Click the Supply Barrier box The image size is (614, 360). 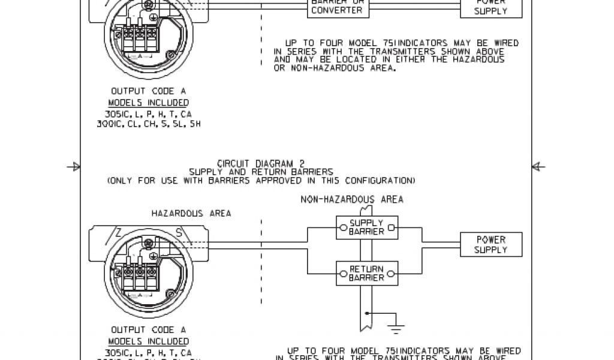click(366, 227)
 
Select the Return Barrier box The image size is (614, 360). click(366, 274)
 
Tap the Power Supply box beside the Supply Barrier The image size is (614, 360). click(490, 245)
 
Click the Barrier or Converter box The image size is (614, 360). click(337, 6)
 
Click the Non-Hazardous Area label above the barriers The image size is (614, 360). click(352, 199)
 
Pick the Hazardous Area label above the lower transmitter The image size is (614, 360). click(191, 213)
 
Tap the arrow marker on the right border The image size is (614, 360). click(538, 167)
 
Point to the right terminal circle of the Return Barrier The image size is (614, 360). click(390, 274)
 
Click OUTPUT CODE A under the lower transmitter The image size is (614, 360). click(149, 329)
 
